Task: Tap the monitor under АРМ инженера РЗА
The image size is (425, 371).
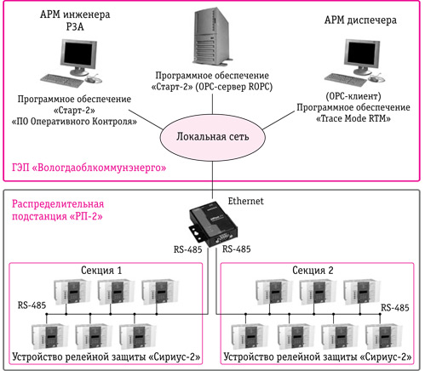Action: pyautogui.click(x=78, y=56)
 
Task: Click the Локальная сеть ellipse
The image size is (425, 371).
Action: pyautogui.click(x=213, y=137)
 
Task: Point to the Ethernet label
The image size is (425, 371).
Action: pyautogui.click(x=245, y=201)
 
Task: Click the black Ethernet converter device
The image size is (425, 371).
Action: pyautogui.click(x=213, y=224)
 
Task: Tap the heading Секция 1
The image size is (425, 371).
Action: pyautogui.click(x=101, y=271)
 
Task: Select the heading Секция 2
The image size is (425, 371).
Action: pyautogui.click(x=313, y=271)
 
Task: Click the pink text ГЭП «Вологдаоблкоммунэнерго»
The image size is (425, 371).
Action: pyautogui.click(x=89, y=168)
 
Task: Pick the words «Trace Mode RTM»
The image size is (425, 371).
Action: pyautogui.click(x=353, y=118)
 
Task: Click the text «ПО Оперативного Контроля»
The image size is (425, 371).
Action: pyautogui.click(x=74, y=122)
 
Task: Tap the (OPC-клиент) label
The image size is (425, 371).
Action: pyautogui.click(x=353, y=96)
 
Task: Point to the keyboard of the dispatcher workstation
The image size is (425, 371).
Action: pyautogui.click(x=346, y=79)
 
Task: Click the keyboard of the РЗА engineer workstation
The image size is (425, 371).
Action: pyautogui.click(x=62, y=81)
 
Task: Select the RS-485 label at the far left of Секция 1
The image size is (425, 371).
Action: pyautogui.click(x=32, y=305)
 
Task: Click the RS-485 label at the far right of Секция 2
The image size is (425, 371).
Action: pyautogui.click(x=395, y=308)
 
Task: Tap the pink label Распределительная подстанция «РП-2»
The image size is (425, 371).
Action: pyautogui.click(x=58, y=210)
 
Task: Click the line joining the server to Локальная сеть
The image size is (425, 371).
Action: pyautogui.click(x=213, y=104)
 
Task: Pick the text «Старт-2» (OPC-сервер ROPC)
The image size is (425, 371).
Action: pyautogui.click(x=212, y=87)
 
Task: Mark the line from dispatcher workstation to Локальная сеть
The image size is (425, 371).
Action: pyautogui.click(x=279, y=120)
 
